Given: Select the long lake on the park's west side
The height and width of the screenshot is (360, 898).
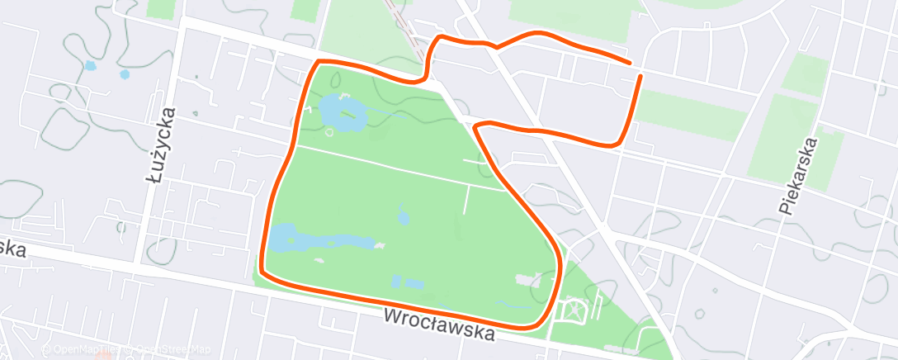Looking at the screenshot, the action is pos(322,241).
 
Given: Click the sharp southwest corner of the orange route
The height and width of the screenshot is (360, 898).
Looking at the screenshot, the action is pos(262,271).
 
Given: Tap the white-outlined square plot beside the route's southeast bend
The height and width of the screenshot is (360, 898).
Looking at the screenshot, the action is pos(572,312).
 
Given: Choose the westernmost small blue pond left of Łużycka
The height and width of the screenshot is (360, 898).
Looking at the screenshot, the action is pos(89,65).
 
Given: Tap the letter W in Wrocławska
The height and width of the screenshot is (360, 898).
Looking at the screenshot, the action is pos(393,316).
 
